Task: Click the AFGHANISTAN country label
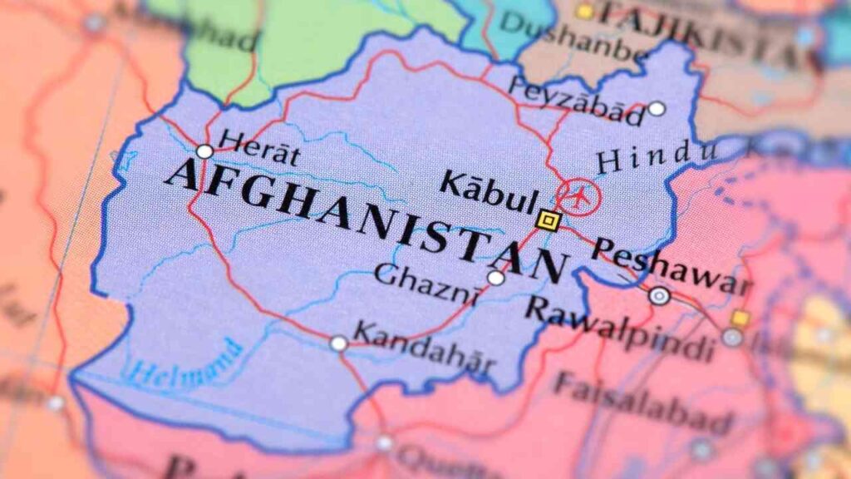pos(366,217)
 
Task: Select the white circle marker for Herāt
pos(204,151)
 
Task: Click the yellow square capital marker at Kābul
pos(548,220)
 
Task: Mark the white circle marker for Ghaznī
pos(496,278)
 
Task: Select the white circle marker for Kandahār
pos(338,343)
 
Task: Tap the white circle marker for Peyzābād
pos(657,108)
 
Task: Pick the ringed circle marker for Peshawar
pos(659,295)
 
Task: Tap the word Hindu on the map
pos(657,156)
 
